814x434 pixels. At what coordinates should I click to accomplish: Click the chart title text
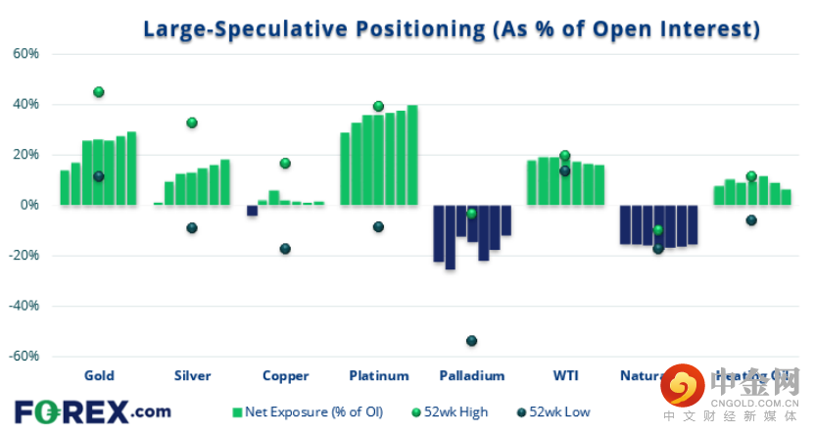[452, 29]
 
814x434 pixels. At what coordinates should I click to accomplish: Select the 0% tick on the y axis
[29, 205]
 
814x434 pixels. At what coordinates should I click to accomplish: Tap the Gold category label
[99, 375]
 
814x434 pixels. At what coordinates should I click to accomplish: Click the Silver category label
[192, 375]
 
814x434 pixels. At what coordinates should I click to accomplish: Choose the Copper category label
[286, 375]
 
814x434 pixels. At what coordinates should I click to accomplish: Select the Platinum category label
[378, 375]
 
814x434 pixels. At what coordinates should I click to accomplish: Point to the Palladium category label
[472, 375]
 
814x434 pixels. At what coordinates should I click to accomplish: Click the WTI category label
[565, 375]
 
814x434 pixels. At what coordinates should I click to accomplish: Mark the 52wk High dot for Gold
[98, 92]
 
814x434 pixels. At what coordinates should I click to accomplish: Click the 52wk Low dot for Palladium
[471, 341]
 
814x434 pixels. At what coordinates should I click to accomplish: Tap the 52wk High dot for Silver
[192, 122]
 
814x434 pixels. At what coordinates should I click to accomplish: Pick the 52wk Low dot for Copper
[285, 249]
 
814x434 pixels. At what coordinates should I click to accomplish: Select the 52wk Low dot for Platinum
[378, 227]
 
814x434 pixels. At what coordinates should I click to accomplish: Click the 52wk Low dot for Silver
[192, 228]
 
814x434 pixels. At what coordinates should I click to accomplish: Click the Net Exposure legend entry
[311, 412]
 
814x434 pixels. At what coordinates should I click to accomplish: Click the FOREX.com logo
[92, 411]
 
